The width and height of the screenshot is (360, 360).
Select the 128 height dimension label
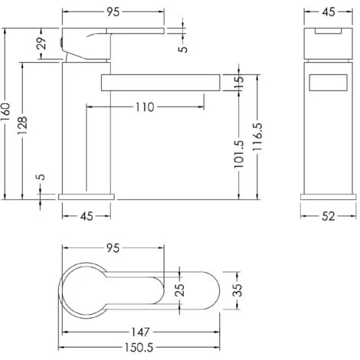tap(24, 126)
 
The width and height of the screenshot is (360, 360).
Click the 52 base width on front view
tap(329, 218)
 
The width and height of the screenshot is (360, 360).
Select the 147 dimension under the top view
tap(139, 333)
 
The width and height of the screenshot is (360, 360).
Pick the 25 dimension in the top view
tap(179, 290)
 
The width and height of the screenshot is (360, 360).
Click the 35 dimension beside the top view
tap(238, 290)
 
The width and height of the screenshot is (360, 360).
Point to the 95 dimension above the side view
tap(113, 11)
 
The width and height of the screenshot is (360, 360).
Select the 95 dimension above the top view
tap(113, 248)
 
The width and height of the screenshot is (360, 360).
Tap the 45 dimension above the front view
tap(329, 11)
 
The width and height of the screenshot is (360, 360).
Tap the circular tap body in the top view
tap(86, 290)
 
